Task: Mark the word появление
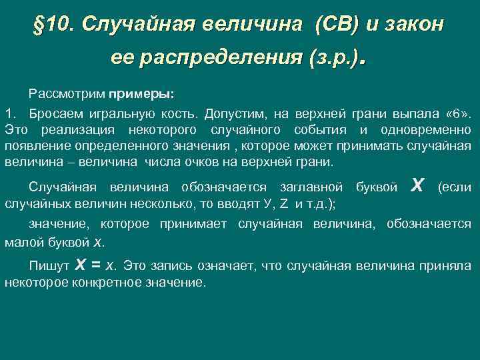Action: [x=36, y=145]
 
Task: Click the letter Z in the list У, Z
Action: [x=283, y=204]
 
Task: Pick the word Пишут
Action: [x=49, y=266]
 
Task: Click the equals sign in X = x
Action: [x=96, y=265]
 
